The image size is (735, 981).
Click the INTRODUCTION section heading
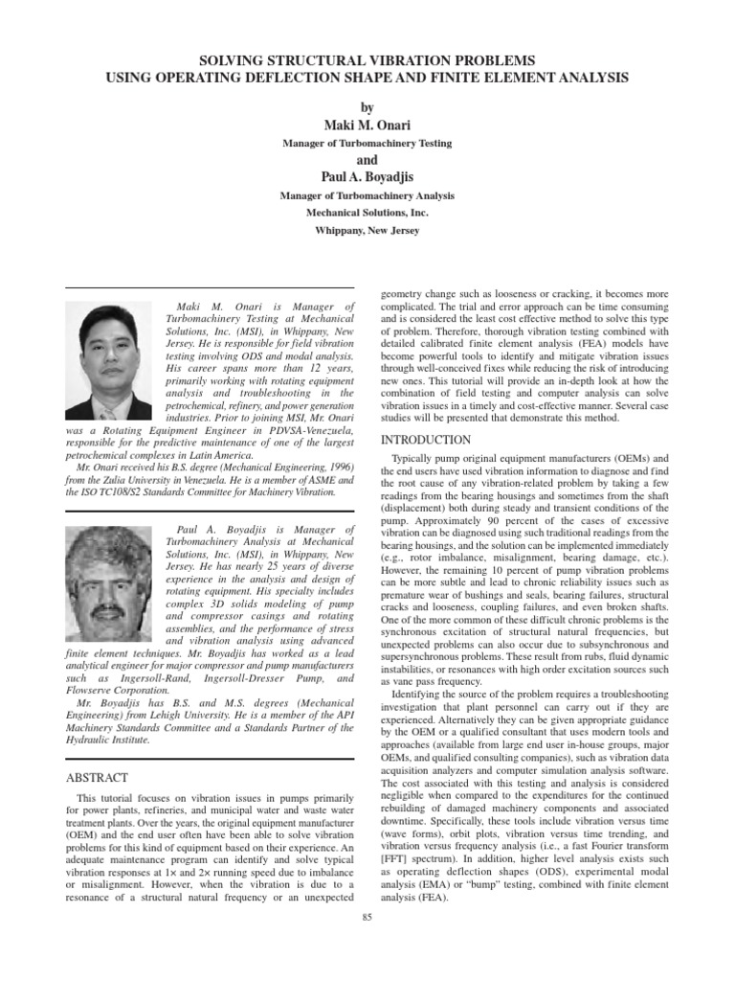426,440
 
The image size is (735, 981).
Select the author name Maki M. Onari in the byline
367,125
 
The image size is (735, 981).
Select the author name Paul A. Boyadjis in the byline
367,177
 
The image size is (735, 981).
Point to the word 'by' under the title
367,108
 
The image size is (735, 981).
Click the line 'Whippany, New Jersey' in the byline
367,231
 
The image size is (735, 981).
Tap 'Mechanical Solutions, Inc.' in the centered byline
367,213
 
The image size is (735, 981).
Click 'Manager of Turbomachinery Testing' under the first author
367,143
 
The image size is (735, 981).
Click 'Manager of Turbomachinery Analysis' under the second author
367,195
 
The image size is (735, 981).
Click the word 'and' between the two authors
367,160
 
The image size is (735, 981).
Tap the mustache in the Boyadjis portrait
107,609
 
